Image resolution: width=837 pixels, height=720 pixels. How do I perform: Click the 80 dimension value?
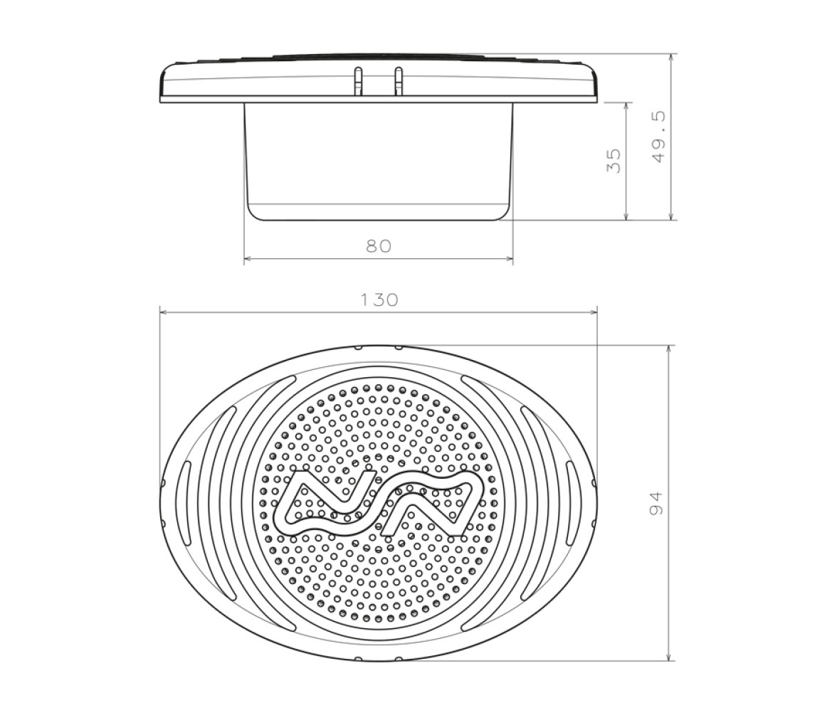point(379,246)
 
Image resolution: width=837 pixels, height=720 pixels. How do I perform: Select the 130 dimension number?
point(379,300)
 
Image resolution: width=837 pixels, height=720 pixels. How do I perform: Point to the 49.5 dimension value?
point(660,137)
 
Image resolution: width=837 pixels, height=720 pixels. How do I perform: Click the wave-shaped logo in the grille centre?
point(379,503)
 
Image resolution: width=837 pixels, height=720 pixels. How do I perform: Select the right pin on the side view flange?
point(398,80)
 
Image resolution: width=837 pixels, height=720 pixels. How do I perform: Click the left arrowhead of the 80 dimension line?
point(247,260)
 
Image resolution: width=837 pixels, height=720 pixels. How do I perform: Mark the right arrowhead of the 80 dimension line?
point(510,260)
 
